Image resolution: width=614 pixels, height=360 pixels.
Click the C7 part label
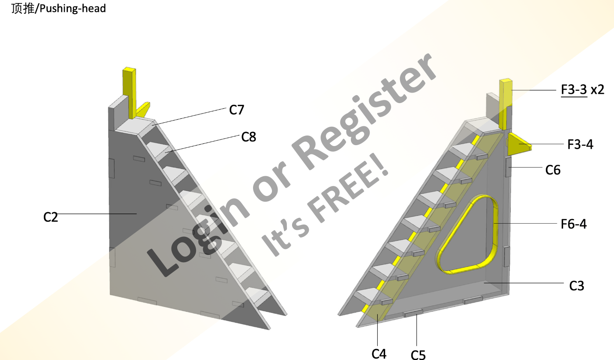click(236, 110)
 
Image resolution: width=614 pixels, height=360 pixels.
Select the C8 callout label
click(249, 137)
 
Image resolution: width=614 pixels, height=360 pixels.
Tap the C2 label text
click(50, 217)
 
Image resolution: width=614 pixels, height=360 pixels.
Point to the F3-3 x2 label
click(582, 89)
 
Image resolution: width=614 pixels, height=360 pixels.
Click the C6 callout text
click(553, 170)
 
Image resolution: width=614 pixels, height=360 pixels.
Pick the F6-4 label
click(574, 224)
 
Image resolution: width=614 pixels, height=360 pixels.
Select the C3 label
click(577, 286)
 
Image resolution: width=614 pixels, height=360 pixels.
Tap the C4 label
click(379, 353)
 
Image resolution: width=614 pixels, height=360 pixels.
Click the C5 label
click(418, 354)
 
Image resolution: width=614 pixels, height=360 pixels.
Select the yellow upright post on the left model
click(129, 92)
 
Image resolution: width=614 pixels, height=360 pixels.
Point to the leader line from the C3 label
click(522, 283)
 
